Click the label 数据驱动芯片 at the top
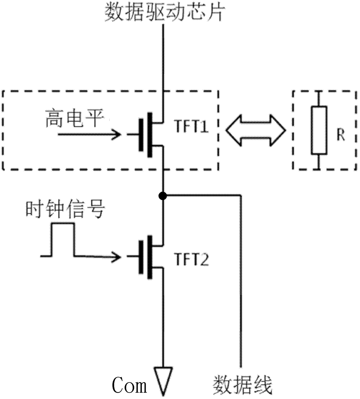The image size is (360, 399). click(165, 12)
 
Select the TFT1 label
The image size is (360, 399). click(192, 126)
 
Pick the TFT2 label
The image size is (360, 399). click(192, 259)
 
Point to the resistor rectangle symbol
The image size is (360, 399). click(319, 130)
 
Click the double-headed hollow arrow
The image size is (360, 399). click(256, 130)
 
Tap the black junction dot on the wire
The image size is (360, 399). click(163, 196)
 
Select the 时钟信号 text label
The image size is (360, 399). click(65, 210)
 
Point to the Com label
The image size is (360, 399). click(129, 383)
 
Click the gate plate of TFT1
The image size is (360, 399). click(141, 135)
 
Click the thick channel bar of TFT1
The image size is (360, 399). click(150, 135)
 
